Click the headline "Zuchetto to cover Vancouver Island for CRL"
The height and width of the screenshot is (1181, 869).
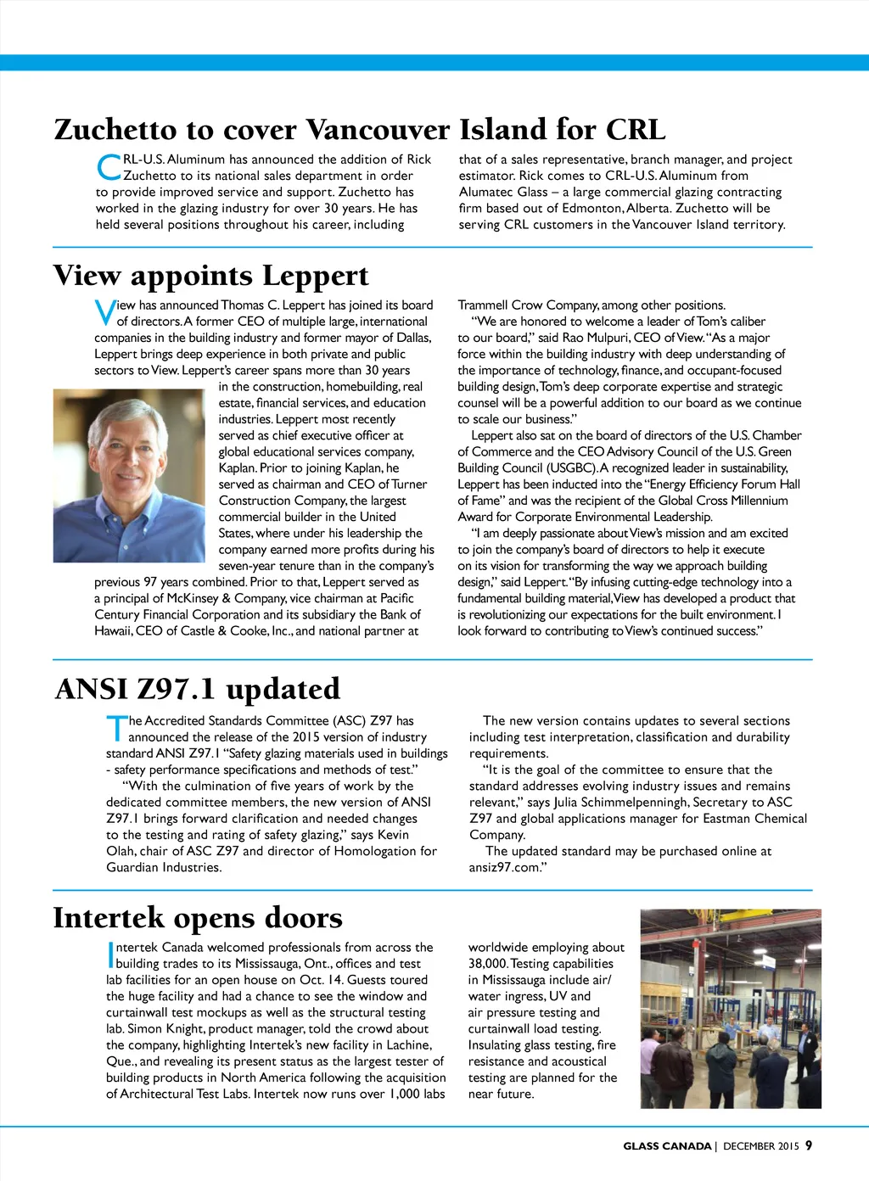[x=359, y=130]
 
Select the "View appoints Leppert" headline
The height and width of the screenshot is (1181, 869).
[x=210, y=276]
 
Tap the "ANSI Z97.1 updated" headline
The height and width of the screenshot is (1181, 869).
[x=197, y=689]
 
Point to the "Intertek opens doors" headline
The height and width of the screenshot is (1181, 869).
[x=198, y=918]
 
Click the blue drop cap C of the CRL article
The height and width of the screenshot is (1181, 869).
[x=109, y=167]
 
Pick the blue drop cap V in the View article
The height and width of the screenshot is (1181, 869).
[x=104, y=313]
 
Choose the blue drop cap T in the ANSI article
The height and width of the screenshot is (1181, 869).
[x=115, y=729]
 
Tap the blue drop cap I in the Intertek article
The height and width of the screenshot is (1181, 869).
[x=110, y=955]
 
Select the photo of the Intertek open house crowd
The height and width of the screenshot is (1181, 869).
[x=731, y=1009]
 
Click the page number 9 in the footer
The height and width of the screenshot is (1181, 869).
[x=809, y=1145]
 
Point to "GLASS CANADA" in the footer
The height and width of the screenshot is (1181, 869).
[x=667, y=1146]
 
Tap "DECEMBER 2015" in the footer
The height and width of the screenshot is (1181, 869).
[x=761, y=1146]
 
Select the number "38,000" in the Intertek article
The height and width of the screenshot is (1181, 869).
[x=487, y=964]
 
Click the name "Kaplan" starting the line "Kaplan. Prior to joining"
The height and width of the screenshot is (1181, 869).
[x=237, y=468]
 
